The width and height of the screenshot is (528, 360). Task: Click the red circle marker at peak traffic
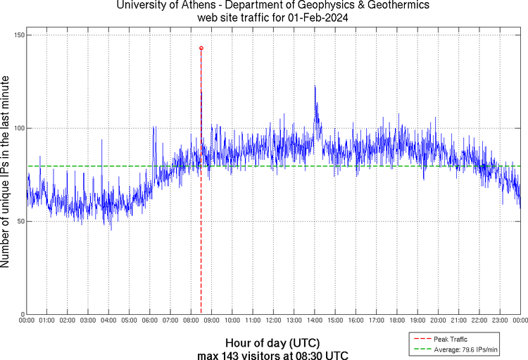(201, 48)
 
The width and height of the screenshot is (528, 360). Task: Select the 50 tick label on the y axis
(20, 221)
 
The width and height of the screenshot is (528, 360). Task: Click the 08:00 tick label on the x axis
(191, 321)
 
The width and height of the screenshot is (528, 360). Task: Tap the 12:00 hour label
(273, 321)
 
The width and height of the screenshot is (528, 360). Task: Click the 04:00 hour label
(108, 321)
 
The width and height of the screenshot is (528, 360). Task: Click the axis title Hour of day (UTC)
(272, 343)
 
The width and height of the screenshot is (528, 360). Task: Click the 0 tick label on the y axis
(22, 314)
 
